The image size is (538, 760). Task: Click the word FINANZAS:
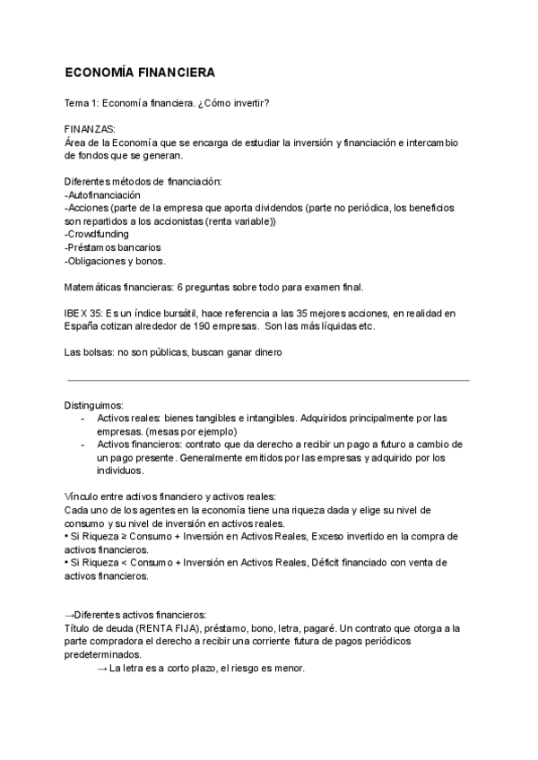pyautogui.click(x=91, y=129)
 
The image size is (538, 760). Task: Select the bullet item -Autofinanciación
pyautogui.click(x=102, y=194)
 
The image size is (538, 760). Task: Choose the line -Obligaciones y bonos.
pyautogui.click(x=115, y=261)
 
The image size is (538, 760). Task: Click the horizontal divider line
pyautogui.click(x=269, y=380)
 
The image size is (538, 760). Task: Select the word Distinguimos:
pyautogui.click(x=94, y=405)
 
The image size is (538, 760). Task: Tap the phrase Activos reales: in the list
pyautogui.click(x=128, y=419)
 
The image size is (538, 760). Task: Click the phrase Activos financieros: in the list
pyautogui.click(x=139, y=445)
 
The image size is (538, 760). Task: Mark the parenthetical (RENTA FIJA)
pyautogui.click(x=160, y=628)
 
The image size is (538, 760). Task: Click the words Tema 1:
pyautogui.click(x=82, y=103)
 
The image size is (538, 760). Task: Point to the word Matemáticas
pyautogui.click(x=96, y=287)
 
